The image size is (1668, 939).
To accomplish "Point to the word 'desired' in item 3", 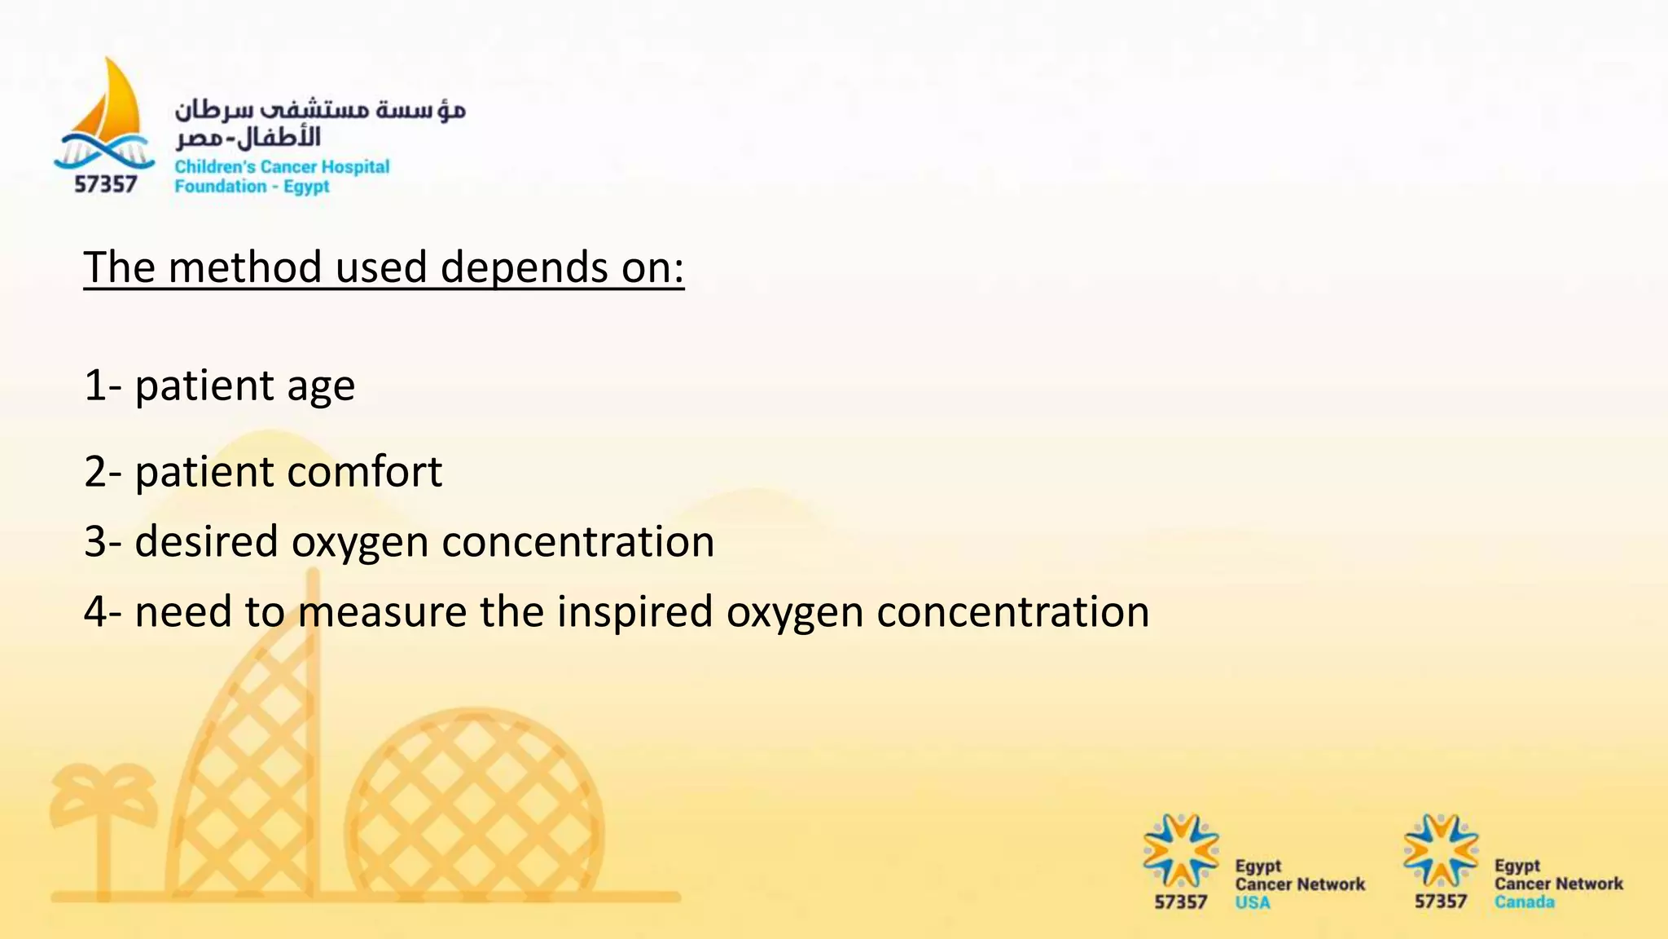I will coord(206,542).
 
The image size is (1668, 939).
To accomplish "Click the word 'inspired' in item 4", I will coord(634,612).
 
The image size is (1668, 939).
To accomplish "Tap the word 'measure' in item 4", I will coord(382,612).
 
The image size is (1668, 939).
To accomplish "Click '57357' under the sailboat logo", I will coord(106,185).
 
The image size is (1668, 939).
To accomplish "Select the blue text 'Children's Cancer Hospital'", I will coord(282,167).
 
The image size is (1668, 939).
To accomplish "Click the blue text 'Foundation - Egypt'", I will coord(252,187).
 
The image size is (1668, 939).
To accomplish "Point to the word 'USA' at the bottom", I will coord(1252,902).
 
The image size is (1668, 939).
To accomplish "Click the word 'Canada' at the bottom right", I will coord(1524,902).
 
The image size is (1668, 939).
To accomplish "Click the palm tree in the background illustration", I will coord(103,815).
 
